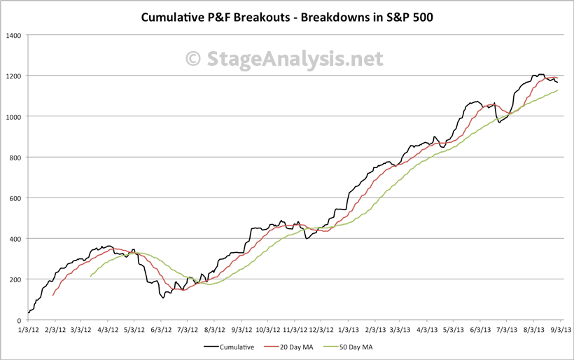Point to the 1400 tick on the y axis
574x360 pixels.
13,35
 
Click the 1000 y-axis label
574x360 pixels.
13,116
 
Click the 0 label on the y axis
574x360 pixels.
20,320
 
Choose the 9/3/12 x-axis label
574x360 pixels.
241,328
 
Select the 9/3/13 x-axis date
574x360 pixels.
561,328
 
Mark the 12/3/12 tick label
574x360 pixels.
321,328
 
